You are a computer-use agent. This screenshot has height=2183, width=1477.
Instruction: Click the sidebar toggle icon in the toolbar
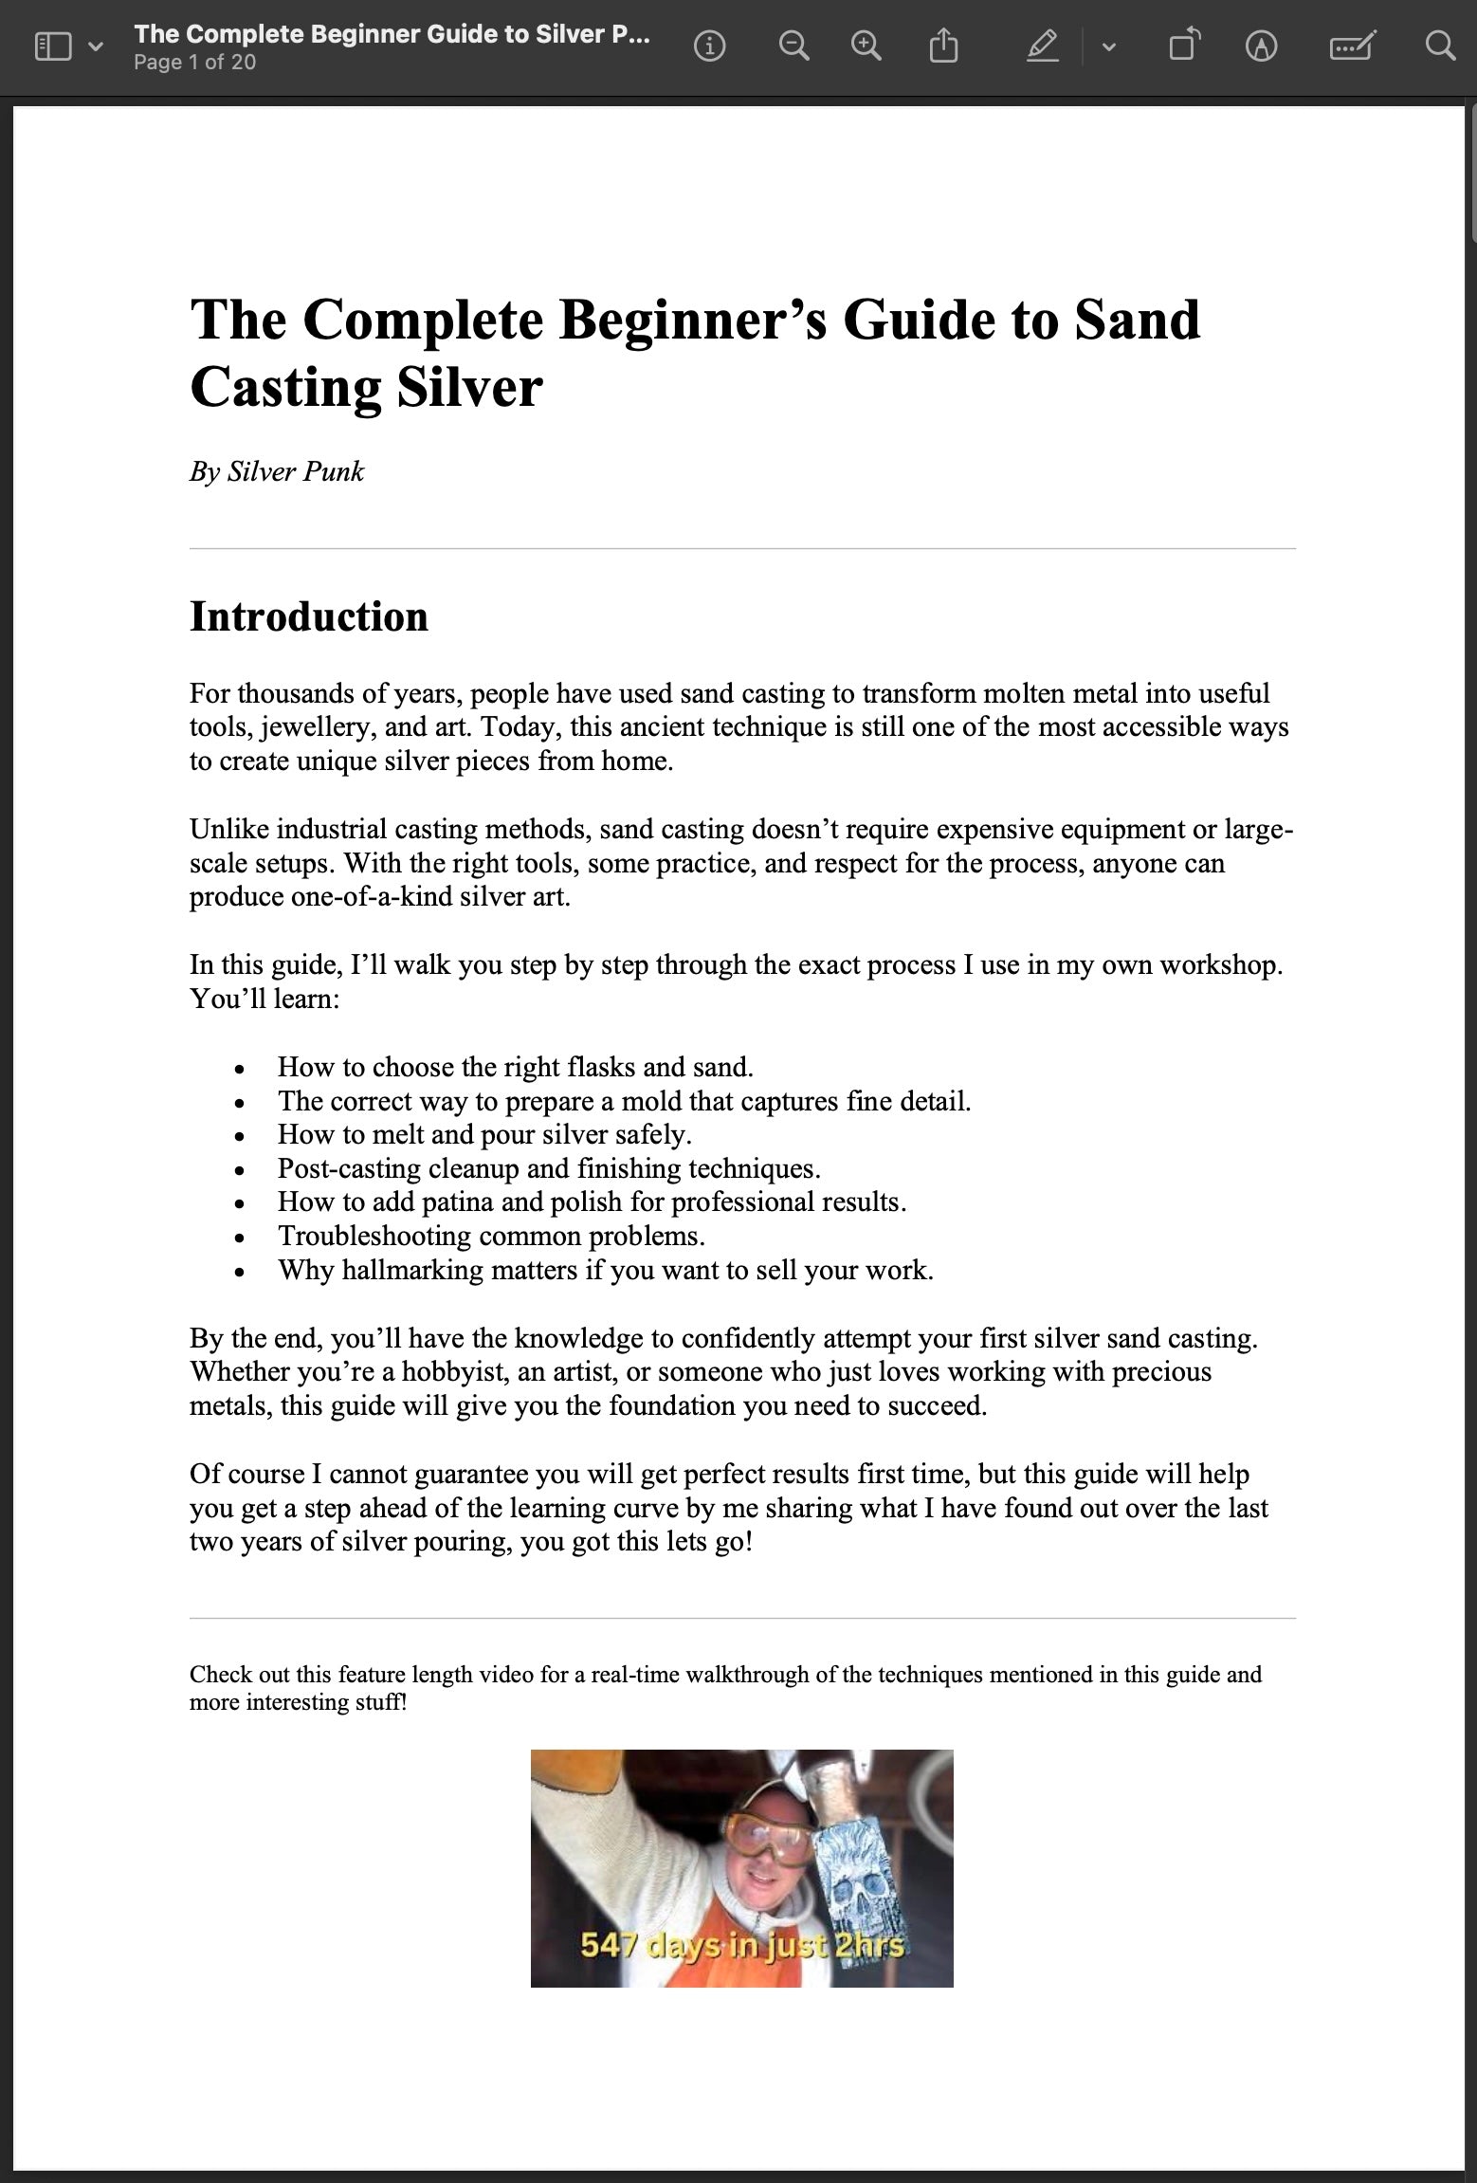[53, 46]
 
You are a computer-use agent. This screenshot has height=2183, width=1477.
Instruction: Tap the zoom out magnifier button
[793, 46]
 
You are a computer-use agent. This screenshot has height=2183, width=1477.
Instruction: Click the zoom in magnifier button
[866, 46]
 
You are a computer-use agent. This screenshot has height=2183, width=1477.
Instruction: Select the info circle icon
[709, 46]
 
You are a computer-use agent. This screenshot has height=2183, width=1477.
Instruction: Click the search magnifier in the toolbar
[1440, 46]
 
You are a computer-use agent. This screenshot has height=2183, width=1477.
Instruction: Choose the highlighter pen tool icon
[1043, 46]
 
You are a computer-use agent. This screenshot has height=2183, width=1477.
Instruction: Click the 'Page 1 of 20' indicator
[194, 63]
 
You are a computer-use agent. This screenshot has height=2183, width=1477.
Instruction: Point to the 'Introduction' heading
[309, 616]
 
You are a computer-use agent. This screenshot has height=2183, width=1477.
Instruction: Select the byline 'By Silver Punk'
[277, 471]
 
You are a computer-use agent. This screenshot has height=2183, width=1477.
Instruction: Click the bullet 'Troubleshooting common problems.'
[491, 1236]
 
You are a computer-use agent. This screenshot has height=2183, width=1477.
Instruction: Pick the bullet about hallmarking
[605, 1270]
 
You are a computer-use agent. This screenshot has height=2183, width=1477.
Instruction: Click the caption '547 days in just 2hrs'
[742, 1946]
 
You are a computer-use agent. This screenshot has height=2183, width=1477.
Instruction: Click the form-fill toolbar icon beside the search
[1352, 46]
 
